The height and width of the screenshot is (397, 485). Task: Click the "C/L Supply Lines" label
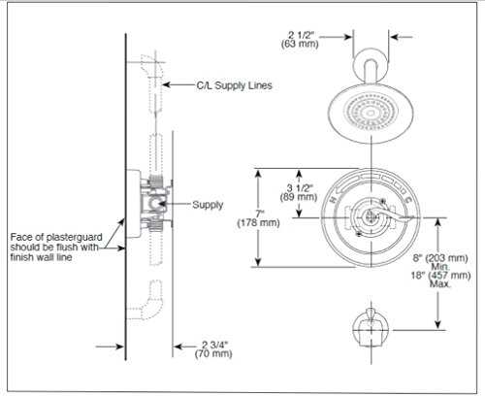tap(234, 85)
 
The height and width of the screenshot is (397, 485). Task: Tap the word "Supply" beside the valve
tap(208, 205)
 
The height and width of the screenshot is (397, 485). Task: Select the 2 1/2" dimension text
tap(301, 35)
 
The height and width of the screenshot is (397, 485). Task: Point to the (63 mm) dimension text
tap(300, 44)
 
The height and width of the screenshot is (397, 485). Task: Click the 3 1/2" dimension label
tap(300, 187)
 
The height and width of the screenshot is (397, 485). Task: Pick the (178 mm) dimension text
tap(258, 223)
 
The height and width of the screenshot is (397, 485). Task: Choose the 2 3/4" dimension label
tap(215, 345)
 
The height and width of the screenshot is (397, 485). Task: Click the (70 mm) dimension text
tap(213, 353)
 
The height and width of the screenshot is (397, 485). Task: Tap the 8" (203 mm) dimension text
tap(440, 258)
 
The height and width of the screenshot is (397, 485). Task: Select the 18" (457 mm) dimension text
tap(440, 276)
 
